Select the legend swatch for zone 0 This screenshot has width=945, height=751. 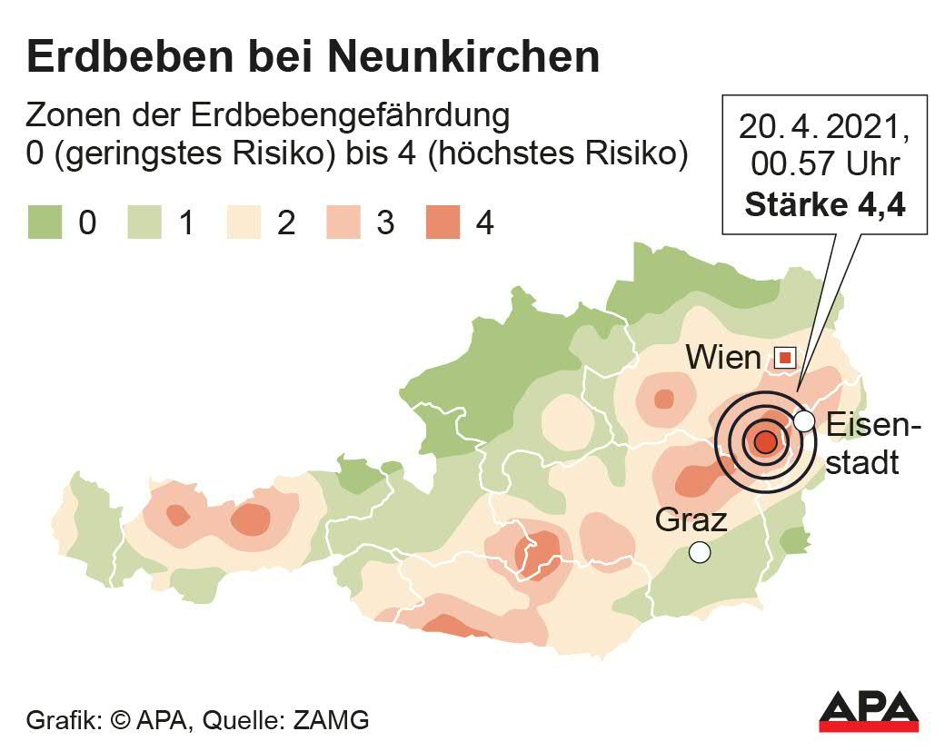click(45, 222)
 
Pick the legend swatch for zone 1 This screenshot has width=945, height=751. click(144, 222)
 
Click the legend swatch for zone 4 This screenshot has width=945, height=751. click(443, 222)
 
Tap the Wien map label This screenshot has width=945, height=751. click(723, 358)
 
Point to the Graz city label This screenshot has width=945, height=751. click(691, 520)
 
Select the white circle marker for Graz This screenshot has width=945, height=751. click(699, 551)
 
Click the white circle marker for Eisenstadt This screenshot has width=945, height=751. click(803, 420)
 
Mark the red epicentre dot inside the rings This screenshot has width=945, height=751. click(765, 442)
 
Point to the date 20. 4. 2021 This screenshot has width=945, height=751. click(825, 127)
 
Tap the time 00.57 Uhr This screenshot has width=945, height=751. click(825, 165)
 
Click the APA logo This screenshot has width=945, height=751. click(869, 710)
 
